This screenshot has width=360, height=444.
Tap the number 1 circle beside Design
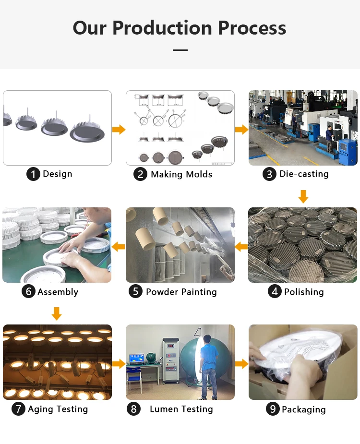[33, 174]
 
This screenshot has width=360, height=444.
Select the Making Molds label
[181, 174]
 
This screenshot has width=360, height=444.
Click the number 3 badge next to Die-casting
[270, 174]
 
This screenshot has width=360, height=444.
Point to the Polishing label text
[304, 292]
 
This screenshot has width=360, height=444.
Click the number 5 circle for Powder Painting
[136, 292]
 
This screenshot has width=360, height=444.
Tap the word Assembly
[58, 292]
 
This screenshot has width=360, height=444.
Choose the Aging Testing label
[58, 409]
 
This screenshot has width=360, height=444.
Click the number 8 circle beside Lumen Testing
[134, 409]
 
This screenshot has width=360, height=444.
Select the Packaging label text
[303, 409]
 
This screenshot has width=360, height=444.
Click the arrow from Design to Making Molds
[119, 130]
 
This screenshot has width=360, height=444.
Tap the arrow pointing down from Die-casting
[303, 196]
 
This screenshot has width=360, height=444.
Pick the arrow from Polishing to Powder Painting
[241, 247]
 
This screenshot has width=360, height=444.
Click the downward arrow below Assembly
[57, 314]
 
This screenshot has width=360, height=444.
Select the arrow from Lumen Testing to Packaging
[241, 364]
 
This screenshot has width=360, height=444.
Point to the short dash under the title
[180, 49]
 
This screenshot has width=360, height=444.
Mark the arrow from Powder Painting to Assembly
[119, 247]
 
